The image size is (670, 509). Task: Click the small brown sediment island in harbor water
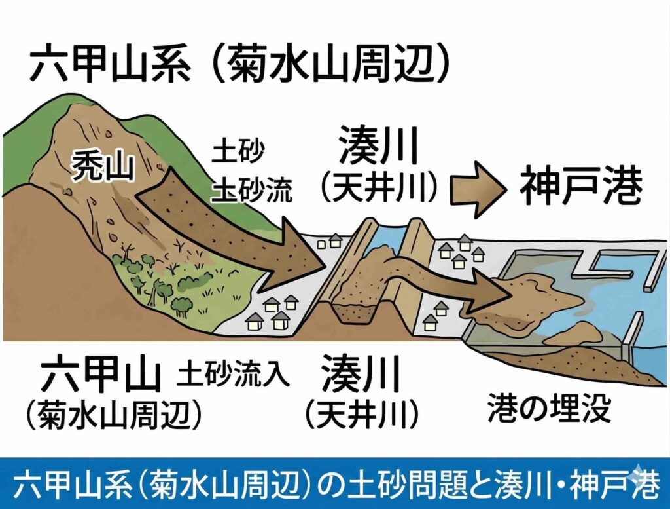click(579, 331)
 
